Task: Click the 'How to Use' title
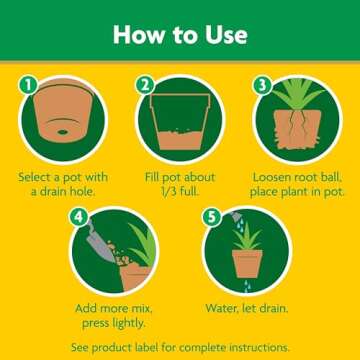pos(180,34)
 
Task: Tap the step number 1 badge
pos(28,87)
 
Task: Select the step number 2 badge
pos(145,87)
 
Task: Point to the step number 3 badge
pos(262,87)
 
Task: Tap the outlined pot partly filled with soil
pos(180,125)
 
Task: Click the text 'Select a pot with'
pos(63,176)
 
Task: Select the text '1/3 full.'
pos(180,191)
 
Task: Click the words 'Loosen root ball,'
pos(297,176)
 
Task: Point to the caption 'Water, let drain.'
pos(246,307)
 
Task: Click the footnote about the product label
pos(180,346)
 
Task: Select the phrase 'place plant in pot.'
pos(297,191)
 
